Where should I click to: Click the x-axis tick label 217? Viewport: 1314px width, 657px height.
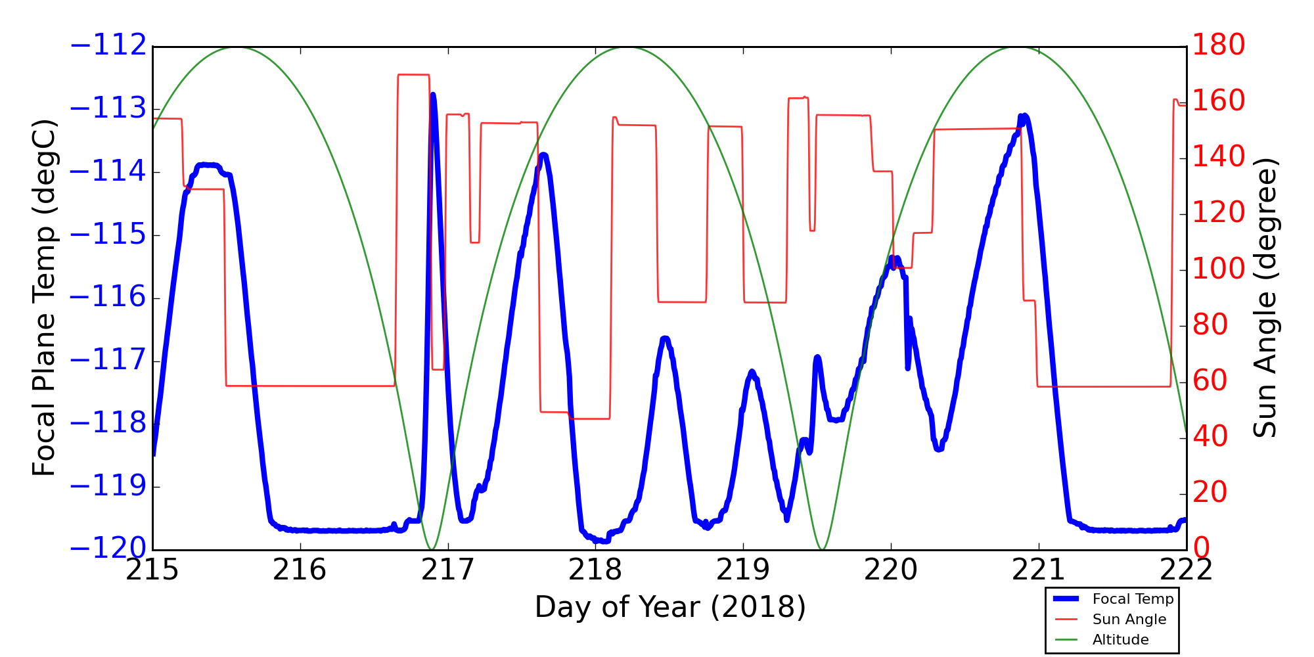[x=447, y=570]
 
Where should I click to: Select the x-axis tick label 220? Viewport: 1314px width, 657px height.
[x=891, y=570]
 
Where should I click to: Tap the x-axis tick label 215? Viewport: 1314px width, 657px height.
[x=152, y=570]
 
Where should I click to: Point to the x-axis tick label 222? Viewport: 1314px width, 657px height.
[x=1186, y=570]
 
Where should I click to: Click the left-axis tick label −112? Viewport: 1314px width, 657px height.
[x=108, y=45]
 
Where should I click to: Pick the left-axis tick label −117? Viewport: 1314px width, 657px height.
[x=108, y=360]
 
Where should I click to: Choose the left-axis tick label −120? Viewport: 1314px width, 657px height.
[x=108, y=549]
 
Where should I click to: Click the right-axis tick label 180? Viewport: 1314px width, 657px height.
[x=1219, y=45]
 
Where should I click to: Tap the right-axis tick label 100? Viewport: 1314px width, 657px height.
[x=1219, y=269]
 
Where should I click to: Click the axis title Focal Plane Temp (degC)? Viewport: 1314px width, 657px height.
[x=44, y=298]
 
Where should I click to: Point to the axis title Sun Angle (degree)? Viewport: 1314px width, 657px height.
[x=1265, y=298]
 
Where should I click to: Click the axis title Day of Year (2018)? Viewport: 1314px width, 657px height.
[x=669, y=607]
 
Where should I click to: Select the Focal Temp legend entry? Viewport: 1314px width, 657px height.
[x=1132, y=599]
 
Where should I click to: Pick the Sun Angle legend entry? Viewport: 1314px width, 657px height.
[x=1129, y=620]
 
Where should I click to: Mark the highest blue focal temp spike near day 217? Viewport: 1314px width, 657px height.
[x=433, y=95]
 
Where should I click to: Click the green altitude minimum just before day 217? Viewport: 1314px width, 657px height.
[x=432, y=549]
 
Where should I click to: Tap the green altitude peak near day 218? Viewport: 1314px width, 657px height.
[x=627, y=47]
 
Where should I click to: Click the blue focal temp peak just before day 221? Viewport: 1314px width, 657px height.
[x=1024, y=116]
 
